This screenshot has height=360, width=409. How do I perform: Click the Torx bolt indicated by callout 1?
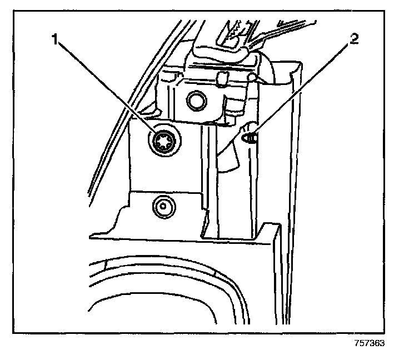[162, 142]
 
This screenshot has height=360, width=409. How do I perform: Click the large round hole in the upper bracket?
[196, 100]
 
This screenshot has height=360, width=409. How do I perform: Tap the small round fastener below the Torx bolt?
[162, 206]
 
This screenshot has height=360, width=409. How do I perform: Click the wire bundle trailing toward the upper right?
[289, 31]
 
